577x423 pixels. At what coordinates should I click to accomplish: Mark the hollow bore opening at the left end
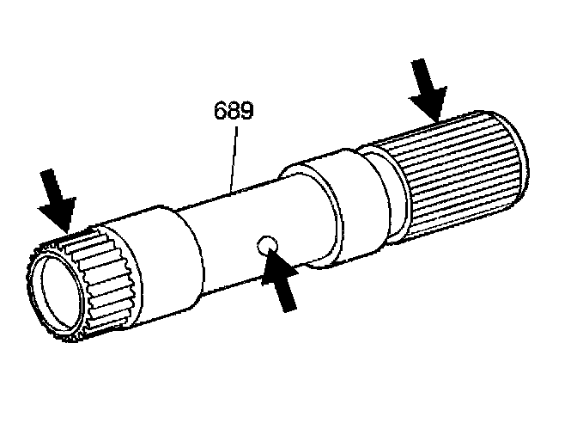pos(59,297)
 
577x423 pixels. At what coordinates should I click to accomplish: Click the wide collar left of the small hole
pos(163,258)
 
